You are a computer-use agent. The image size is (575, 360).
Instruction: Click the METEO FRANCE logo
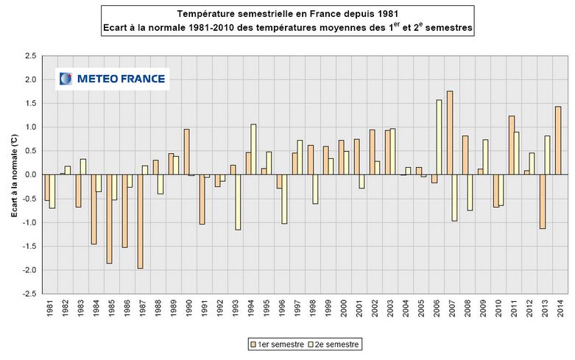[x=113, y=78]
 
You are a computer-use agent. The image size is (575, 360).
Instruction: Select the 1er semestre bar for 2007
[x=449, y=133]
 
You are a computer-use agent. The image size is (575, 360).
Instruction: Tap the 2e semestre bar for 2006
[x=440, y=137]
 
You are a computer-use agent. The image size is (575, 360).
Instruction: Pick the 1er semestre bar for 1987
[x=140, y=221]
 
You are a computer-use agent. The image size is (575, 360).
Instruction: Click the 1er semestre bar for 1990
[x=186, y=152]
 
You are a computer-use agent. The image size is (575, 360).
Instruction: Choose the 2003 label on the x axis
[x=389, y=308]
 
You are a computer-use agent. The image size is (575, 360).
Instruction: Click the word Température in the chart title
[x=205, y=15]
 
